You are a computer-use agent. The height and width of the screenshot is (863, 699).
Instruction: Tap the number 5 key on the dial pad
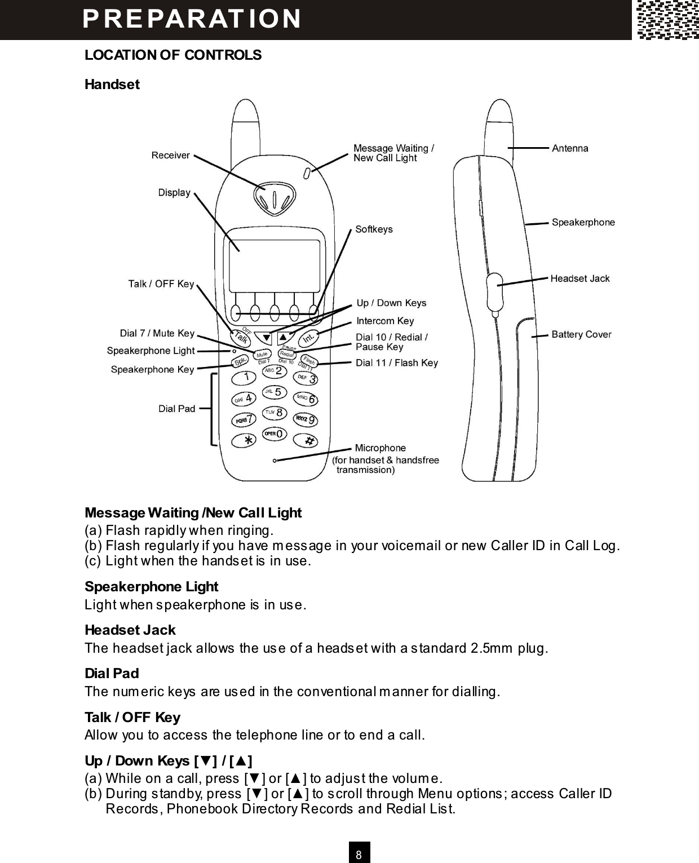coord(274,392)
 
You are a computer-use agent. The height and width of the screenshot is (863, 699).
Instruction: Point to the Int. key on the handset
coord(308,338)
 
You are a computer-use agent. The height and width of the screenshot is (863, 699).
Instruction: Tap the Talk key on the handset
coord(241,337)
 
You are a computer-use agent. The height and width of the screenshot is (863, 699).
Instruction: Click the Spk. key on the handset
coord(240,361)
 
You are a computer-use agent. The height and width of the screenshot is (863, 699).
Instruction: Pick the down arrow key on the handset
coord(266,338)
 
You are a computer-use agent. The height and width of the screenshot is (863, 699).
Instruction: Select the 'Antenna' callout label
coord(570,148)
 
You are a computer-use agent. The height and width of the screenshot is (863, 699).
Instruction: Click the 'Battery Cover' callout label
coord(581,334)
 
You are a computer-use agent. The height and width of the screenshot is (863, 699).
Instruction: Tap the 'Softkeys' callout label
coord(374,229)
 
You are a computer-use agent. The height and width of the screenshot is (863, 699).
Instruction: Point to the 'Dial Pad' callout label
coord(176,409)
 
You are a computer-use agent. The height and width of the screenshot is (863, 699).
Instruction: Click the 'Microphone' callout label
coord(380,448)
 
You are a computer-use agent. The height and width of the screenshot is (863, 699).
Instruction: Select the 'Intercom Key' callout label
coord(385,321)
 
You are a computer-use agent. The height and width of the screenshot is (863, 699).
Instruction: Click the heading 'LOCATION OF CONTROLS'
coord(173,55)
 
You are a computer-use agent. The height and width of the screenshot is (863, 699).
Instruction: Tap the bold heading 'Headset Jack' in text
coord(130,630)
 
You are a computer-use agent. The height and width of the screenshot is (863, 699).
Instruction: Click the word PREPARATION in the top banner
coord(192,18)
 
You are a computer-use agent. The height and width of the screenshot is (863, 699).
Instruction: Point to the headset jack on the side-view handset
coord(494,285)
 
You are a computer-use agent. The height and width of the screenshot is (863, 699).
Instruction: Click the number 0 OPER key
coord(275,433)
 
